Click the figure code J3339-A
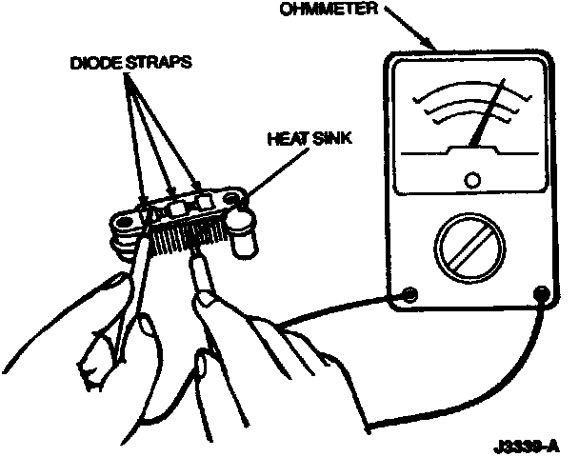pyautogui.click(x=527, y=445)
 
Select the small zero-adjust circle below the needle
pyautogui.click(x=472, y=178)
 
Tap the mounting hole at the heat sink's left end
pyautogui.click(x=123, y=226)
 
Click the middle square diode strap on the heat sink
pyautogui.click(x=178, y=208)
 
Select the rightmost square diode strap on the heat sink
pyautogui.click(x=202, y=201)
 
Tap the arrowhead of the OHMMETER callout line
pyautogui.click(x=434, y=48)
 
